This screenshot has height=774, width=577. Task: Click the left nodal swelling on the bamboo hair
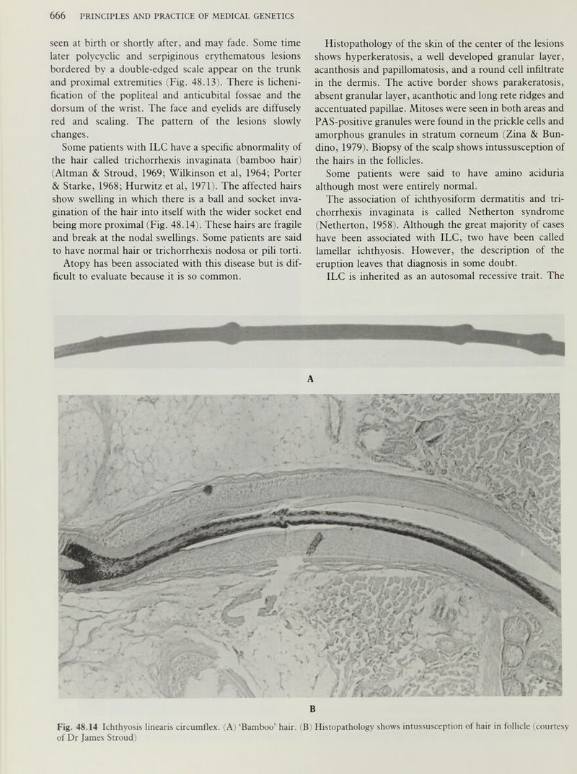coord(232,333)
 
